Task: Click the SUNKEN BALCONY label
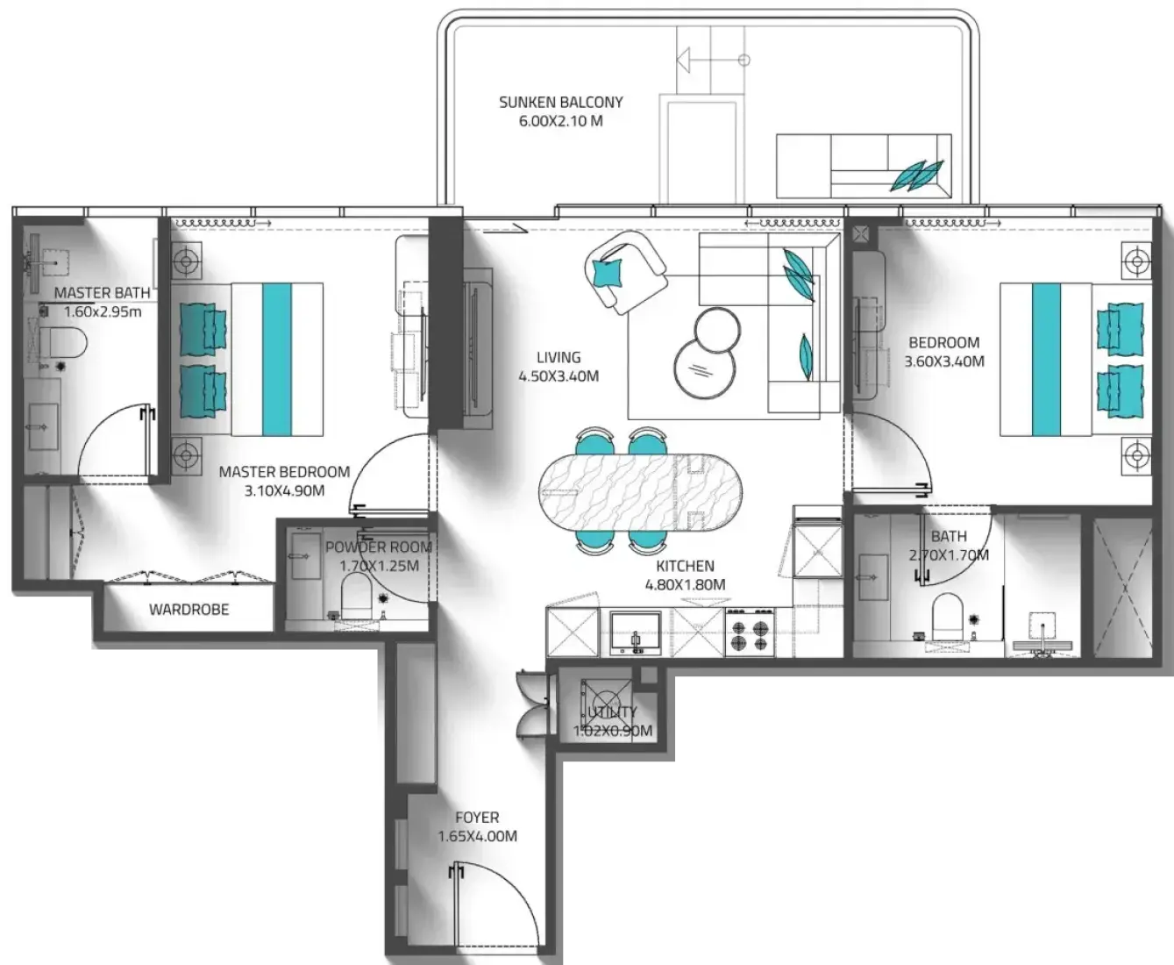(x=560, y=103)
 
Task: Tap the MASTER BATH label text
(x=102, y=292)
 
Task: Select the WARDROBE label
(x=189, y=610)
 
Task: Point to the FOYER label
(x=477, y=818)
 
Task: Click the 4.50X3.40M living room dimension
(x=559, y=376)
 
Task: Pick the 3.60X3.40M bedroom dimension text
(x=944, y=361)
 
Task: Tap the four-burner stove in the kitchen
(x=750, y=632)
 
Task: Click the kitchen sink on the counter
(x=636, y=633)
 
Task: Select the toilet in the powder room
(x=356, y=597)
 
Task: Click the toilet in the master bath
(x=62, y=342)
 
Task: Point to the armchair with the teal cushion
(x=625, y=271)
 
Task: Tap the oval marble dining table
(x=639, y=492)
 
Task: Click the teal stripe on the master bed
(x=277, y=360)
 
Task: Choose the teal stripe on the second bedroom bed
(x=1046, y=360)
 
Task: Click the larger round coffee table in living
(x=704, y=368)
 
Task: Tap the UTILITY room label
(x=612, y=712)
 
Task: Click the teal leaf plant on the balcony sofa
(x=917, y=175)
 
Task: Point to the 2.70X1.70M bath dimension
(x=949, y=555)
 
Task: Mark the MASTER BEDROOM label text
(x=284, y=472)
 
